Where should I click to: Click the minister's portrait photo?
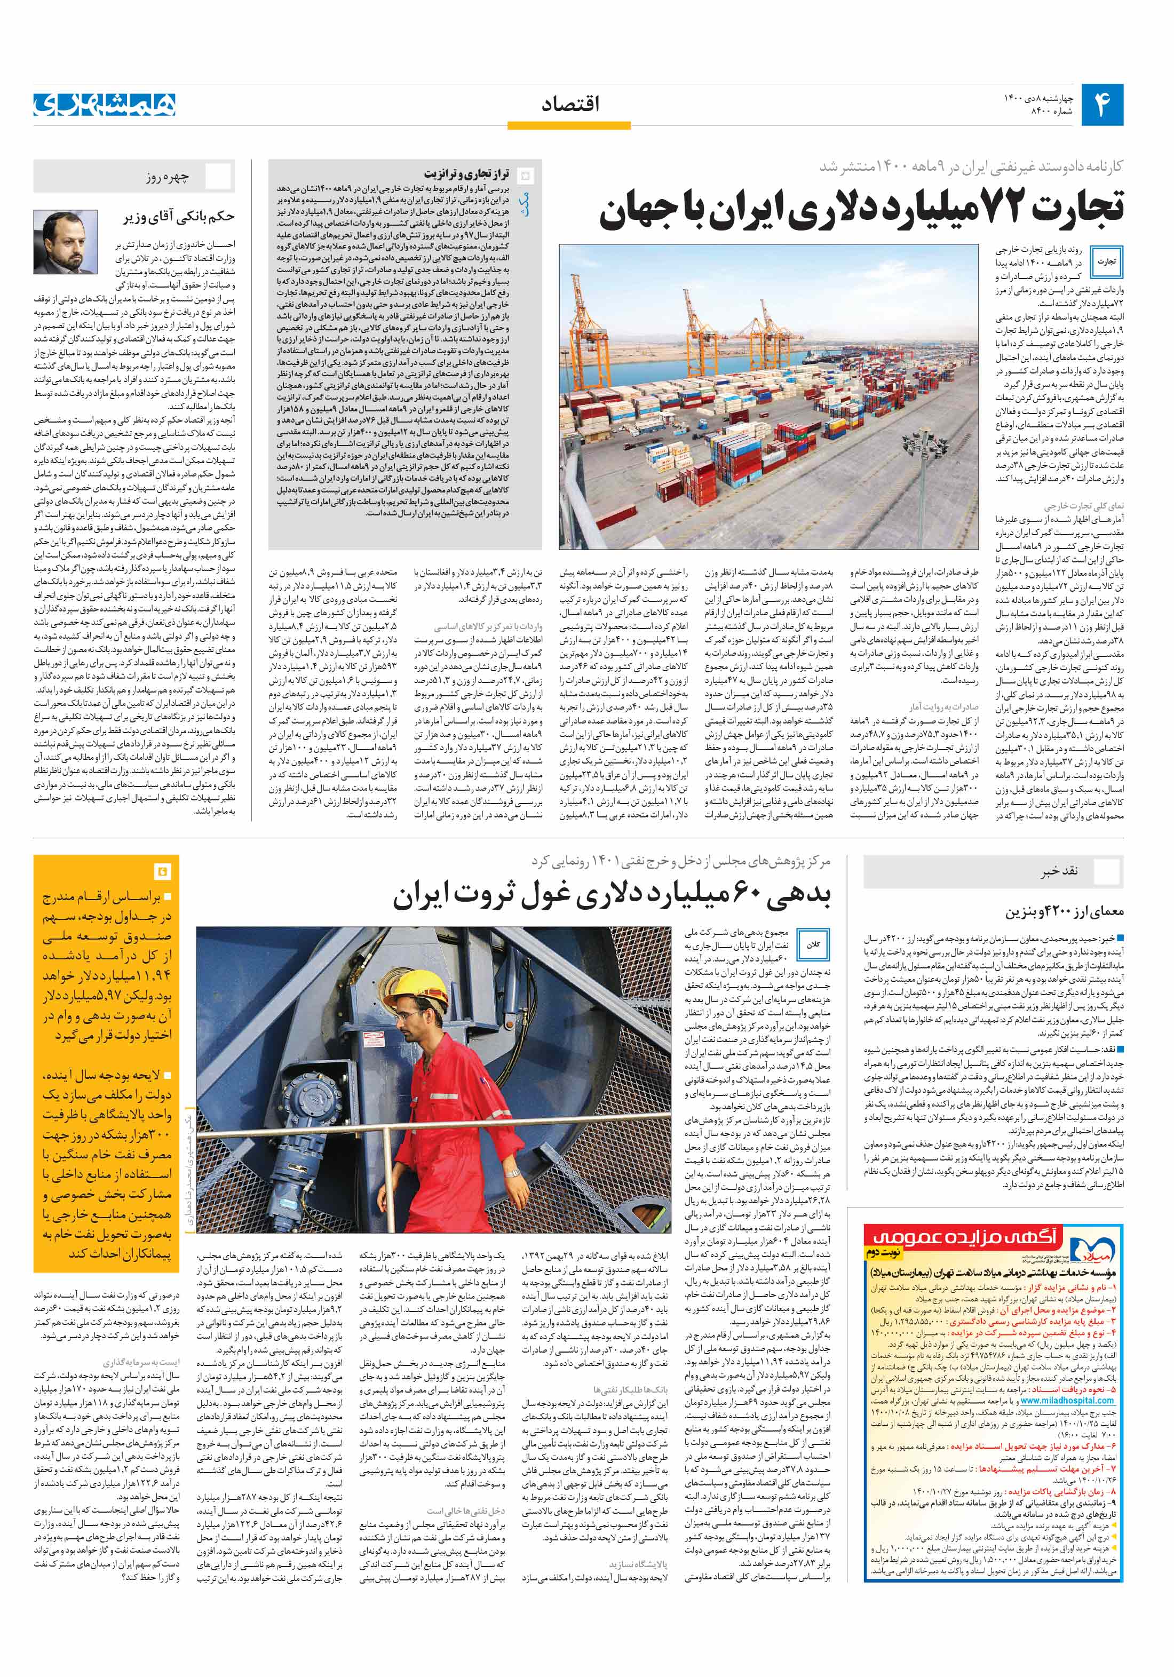(66, 242)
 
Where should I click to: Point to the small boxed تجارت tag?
(1106, 261)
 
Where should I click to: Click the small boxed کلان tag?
(813, 944)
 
